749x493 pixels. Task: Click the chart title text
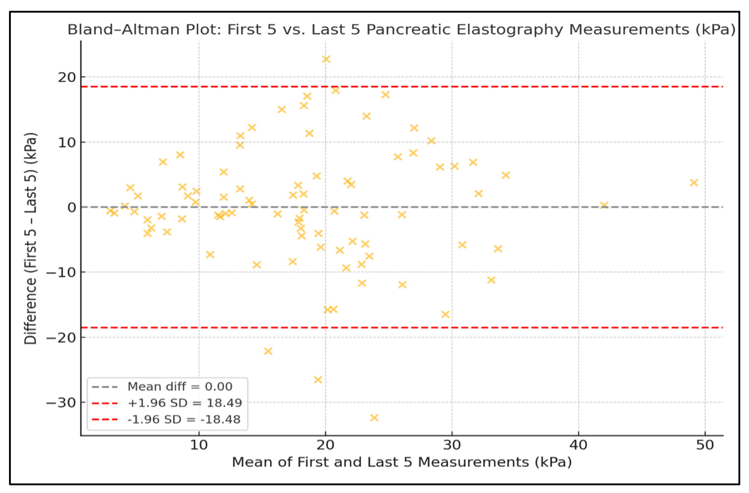[x=401, y=30]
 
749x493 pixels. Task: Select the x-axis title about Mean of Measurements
[x=402, y=462]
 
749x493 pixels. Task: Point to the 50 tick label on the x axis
[x=705, y=445]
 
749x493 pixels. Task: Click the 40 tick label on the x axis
[x=578, y=445]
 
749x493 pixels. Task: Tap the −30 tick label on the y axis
[x=61, y=402]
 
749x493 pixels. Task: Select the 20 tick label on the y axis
[x=67, y=77]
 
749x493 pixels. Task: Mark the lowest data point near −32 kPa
[x=374, y=417]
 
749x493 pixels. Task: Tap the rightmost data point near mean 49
[x=694, y=182]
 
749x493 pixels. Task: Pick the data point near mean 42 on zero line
[x=604, y=205]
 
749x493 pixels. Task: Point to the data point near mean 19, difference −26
[x=318, y=379]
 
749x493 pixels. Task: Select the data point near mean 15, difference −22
[x=268, y=351]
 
